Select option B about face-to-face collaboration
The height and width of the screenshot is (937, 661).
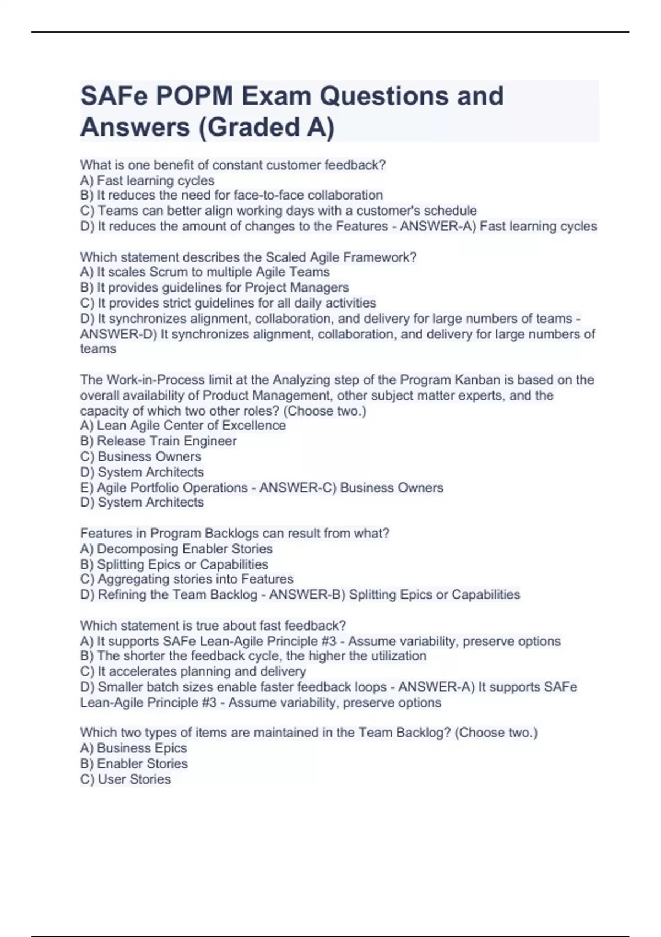(x=231, y=195)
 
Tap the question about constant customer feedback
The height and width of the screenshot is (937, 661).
(x=232, y=165)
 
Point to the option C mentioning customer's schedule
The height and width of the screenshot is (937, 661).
(x=278, y=211)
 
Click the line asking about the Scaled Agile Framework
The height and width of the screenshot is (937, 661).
(x=248, y=257)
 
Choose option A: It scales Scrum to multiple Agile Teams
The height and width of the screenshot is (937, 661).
(x=205, y=272)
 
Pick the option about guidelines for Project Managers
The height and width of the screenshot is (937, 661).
(x=214, y=287)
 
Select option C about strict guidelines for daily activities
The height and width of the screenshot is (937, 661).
(x=228, y=303)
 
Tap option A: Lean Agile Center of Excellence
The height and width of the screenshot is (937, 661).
(x=183, y=426)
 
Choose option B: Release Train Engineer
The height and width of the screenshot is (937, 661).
(x=158, y=441)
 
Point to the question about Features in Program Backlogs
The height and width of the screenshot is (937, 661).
(x=235, y=533)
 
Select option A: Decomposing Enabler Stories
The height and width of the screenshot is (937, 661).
(x=176, y=548)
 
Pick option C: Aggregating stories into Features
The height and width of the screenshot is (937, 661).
(x=187, y=579)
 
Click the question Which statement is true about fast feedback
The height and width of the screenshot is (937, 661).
(x=213, y=626)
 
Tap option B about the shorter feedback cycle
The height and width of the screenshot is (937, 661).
(x=253, y=655)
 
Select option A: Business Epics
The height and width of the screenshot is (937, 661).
(x=133, y=748)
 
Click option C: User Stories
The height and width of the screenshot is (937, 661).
(x=126, y=779)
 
